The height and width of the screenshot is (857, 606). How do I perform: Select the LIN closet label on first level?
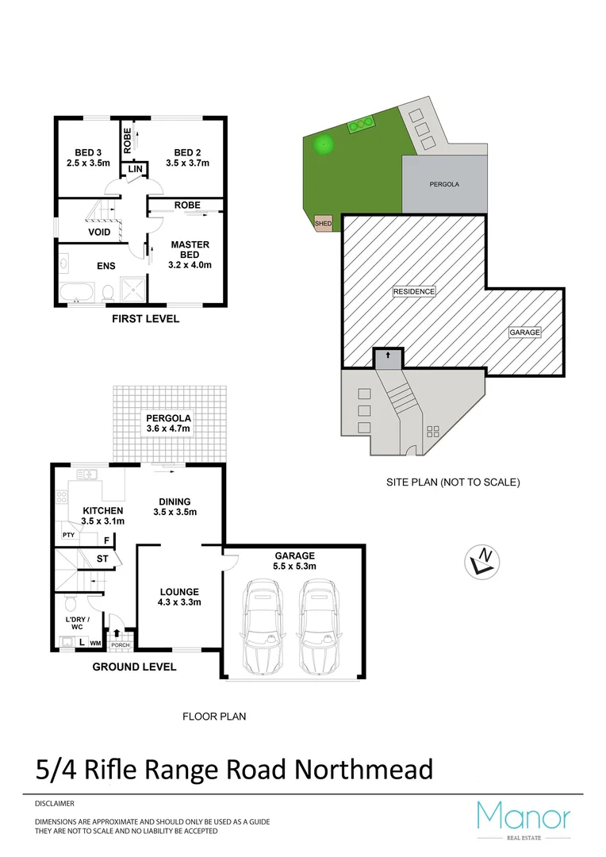click(135, 170)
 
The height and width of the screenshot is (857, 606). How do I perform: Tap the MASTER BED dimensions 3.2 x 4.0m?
click(190, 265)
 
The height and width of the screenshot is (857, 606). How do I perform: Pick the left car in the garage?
click(263, 624)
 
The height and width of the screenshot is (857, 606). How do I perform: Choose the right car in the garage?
click(317, 624)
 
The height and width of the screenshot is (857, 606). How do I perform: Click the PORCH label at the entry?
click(120, 645)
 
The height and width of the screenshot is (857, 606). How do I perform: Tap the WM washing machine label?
click(95, 643)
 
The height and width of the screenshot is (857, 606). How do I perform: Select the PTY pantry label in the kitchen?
click(68, 536)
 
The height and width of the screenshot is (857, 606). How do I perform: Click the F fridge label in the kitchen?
click(106, 540)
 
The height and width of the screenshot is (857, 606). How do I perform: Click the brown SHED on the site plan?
click(323, 224)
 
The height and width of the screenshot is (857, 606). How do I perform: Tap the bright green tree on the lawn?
click(322, 144)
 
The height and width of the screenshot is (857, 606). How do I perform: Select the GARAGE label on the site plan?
click(524, 332)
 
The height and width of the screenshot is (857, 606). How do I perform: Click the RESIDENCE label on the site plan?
click(414, 291)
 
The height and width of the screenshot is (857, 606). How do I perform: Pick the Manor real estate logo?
click(523, 820)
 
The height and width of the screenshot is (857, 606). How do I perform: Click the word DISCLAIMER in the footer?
click(55, 804)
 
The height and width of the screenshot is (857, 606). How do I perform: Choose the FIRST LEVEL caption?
click(144, 319)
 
